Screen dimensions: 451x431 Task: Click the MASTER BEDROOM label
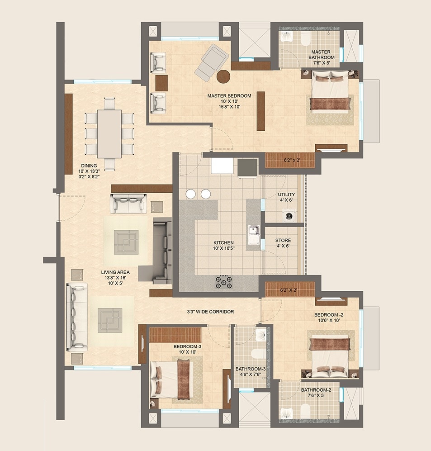click(x=229, y=96)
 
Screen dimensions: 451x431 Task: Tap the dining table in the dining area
click(x=109, y=133)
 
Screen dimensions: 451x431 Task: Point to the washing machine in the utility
click(x=288, y=215)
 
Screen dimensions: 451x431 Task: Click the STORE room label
click(x=283, y=241)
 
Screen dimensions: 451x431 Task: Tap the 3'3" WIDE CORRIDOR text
click(x=210, y=312)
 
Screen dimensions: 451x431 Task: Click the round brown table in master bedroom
click(x=223, y=76)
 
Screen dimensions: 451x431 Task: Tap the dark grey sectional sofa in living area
click(x=161, y=251)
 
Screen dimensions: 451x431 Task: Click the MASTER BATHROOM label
click(x=322, y=55)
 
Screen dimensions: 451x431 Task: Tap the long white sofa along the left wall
click(x=77, y=317)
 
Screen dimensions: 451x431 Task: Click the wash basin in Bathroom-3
click(x=261, y=335)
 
